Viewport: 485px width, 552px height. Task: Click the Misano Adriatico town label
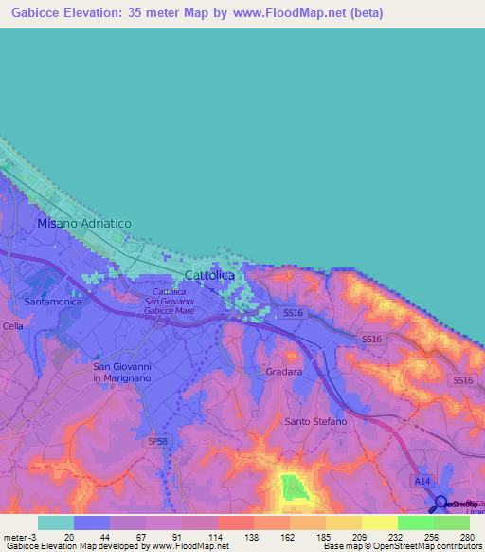point(83,223)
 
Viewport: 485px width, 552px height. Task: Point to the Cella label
point(12,326)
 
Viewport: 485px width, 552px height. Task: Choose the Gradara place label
point(284,372)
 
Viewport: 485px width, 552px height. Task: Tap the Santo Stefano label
point(315,421)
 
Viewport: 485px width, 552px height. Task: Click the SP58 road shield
point(156,441)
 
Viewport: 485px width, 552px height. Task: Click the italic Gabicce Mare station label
point(171,311)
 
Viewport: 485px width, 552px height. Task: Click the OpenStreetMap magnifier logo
point(440,504)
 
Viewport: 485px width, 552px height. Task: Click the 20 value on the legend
point(70,536)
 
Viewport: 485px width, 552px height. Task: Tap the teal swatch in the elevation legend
point(56,523)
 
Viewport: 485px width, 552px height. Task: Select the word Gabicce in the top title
point(36,12)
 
